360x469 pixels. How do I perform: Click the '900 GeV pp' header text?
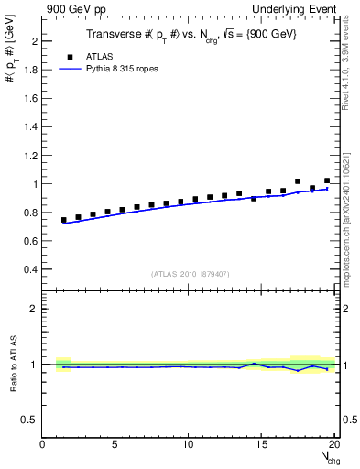(72, 10)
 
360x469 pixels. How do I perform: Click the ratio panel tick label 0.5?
(30, 420)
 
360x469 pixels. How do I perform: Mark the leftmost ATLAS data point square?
(64, 220)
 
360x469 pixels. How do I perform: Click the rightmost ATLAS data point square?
(327, 180)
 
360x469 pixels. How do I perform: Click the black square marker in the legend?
(66, 55)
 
